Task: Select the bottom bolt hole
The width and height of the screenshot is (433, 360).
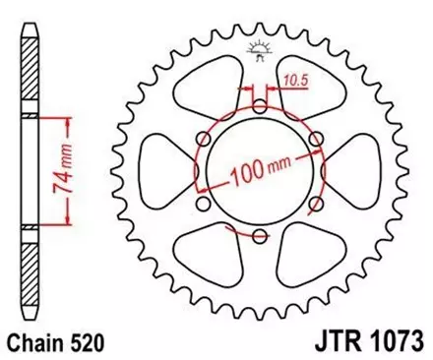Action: coord(259,236)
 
